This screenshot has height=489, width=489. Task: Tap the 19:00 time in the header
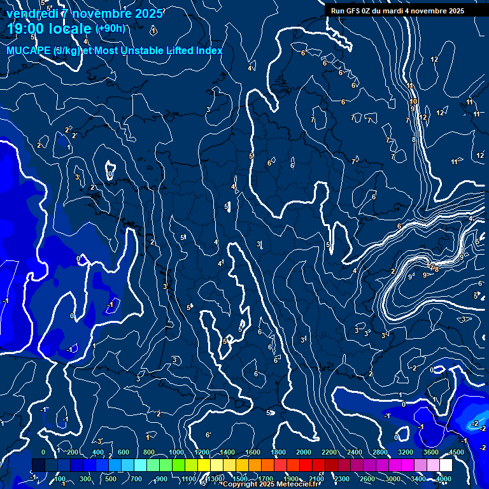26,29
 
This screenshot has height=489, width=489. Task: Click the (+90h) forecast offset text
110,28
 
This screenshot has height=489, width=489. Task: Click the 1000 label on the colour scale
176,452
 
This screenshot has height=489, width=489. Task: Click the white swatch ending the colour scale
446,465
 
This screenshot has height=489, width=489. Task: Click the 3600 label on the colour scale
431,452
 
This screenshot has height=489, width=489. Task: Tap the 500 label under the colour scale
112,479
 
